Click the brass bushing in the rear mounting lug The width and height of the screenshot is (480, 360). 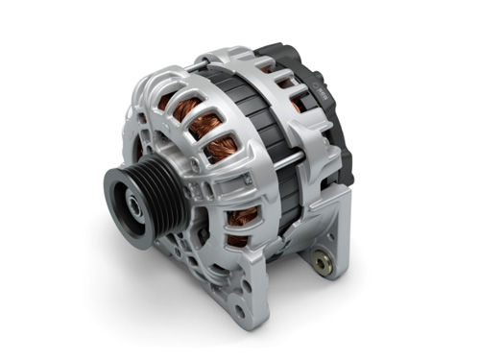(319, 260)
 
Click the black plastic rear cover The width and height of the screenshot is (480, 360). (336, 125)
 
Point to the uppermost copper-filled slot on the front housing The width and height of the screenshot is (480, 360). (189, 108)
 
